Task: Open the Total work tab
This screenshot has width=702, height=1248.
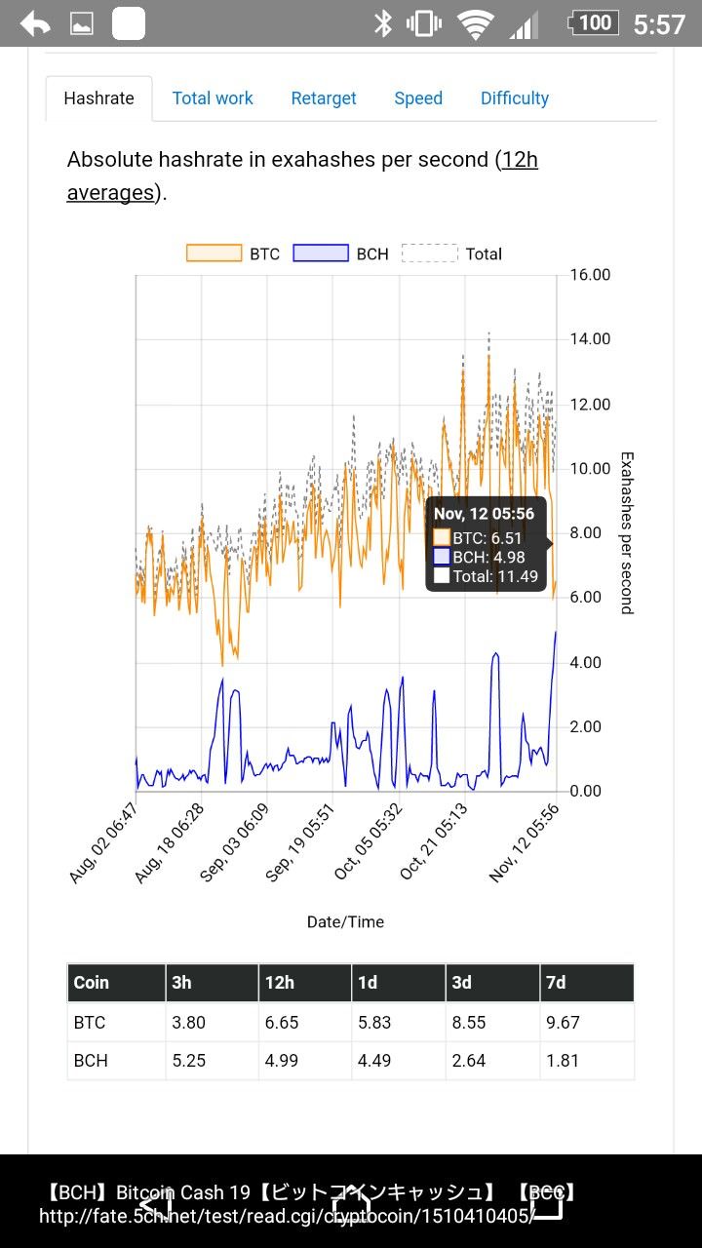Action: pos(213,98)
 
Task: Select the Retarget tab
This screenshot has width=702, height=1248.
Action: pos(324,98)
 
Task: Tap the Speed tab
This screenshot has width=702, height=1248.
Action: pos(418,98)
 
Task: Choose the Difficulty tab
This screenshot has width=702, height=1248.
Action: pos(515,98)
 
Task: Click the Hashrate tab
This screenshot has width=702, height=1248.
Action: pos(98,98)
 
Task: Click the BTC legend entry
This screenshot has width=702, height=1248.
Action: pos(234,253)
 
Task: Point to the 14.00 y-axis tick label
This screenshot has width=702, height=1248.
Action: pos(590,339)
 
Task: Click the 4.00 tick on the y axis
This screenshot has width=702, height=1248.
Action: pos(585,663)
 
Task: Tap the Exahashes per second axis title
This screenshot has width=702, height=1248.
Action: pos(627,532)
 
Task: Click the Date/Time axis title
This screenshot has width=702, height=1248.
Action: pos(345,922)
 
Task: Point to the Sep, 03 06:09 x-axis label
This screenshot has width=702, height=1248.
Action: pos(234,844)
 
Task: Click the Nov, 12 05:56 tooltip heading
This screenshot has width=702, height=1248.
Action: pos(484,515)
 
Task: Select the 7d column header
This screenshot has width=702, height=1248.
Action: pos(556,983)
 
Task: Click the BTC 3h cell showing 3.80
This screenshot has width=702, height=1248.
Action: pos(188,1023)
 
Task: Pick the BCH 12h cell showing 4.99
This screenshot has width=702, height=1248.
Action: pos(282,1061)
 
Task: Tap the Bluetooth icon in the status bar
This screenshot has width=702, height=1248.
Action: pos(382,23)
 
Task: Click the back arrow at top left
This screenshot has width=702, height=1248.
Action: pos(35,23)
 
